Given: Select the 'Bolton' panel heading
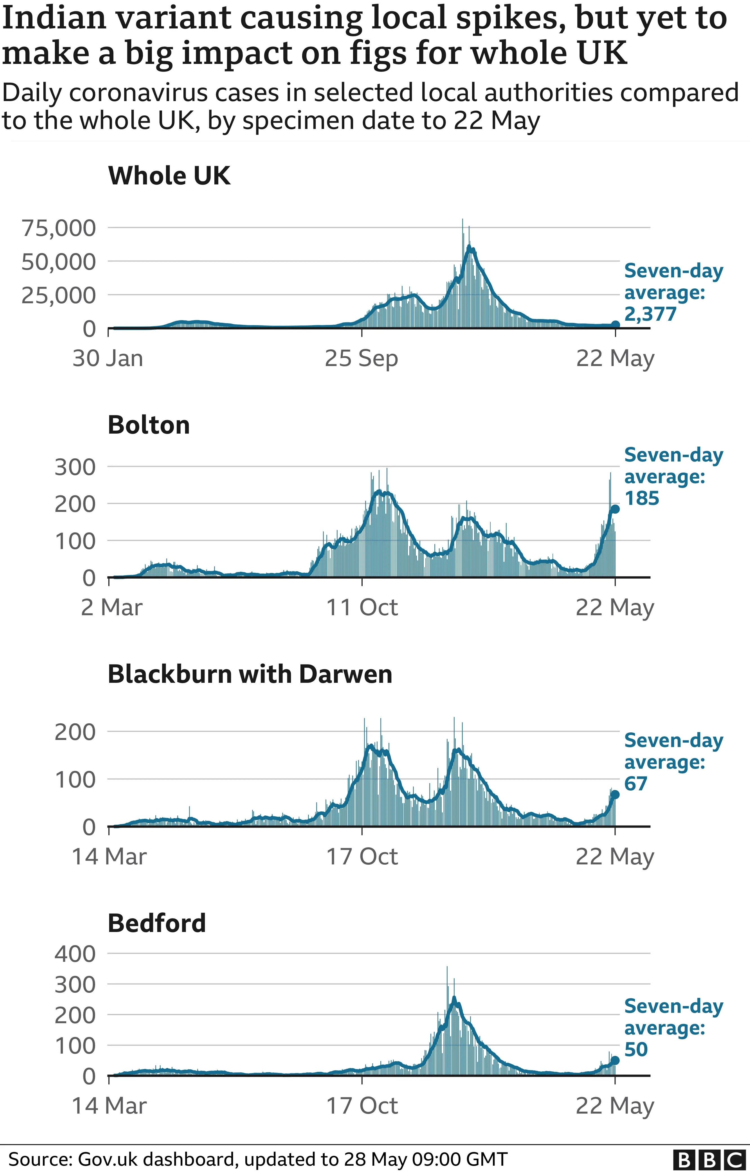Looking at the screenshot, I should [149, 425].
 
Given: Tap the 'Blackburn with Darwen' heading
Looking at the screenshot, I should [250, 674].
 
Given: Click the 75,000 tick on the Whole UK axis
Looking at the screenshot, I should [59, 228].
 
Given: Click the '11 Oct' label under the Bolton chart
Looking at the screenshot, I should [362, 608].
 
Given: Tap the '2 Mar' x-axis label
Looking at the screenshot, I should [111, 608].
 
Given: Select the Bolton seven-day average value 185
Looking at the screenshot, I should [642, 498].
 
